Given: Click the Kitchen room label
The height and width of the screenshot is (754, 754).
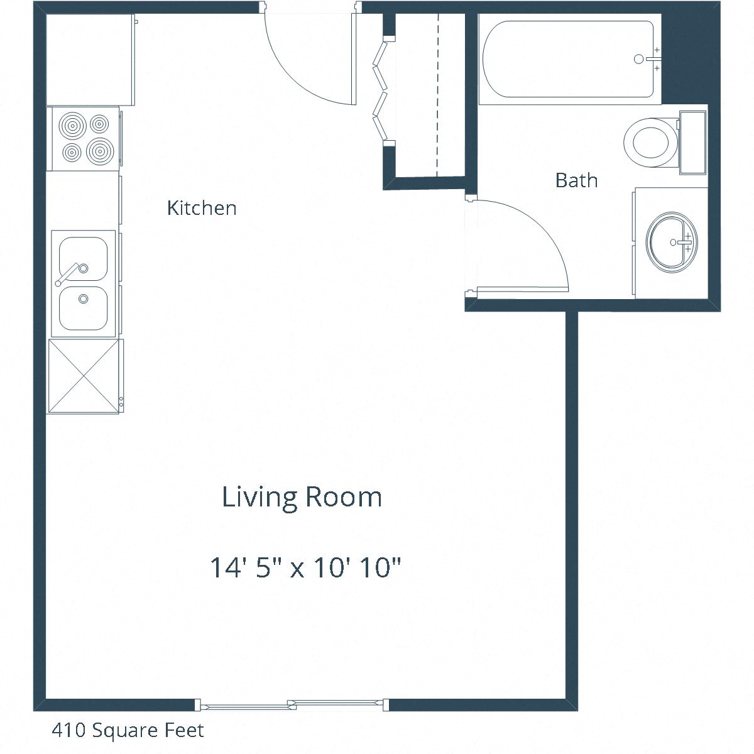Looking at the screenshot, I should tap(202, 208).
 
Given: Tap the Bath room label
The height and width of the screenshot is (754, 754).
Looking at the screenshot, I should tap(576, 181).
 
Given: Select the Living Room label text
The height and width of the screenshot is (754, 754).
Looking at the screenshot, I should tap(302, 497).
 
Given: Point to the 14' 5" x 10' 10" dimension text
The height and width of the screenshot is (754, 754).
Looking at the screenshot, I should tap(305, 569).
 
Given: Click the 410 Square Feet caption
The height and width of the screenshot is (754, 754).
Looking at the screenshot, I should tap(128, 730).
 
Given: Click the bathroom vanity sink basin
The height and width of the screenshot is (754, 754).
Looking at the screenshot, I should tap(670, 242).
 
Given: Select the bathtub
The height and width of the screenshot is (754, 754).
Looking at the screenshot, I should tap(569, 59).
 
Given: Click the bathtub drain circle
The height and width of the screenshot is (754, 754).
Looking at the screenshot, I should tap(639, 59).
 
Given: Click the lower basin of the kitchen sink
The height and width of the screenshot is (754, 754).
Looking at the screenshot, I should tap(83, 308).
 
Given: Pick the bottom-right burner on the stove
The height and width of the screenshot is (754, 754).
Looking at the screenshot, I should tap(99, 151).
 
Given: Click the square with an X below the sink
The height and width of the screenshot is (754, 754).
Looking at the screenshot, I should tap(84, 376).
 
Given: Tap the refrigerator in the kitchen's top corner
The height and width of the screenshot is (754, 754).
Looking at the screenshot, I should tap(90, 60).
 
